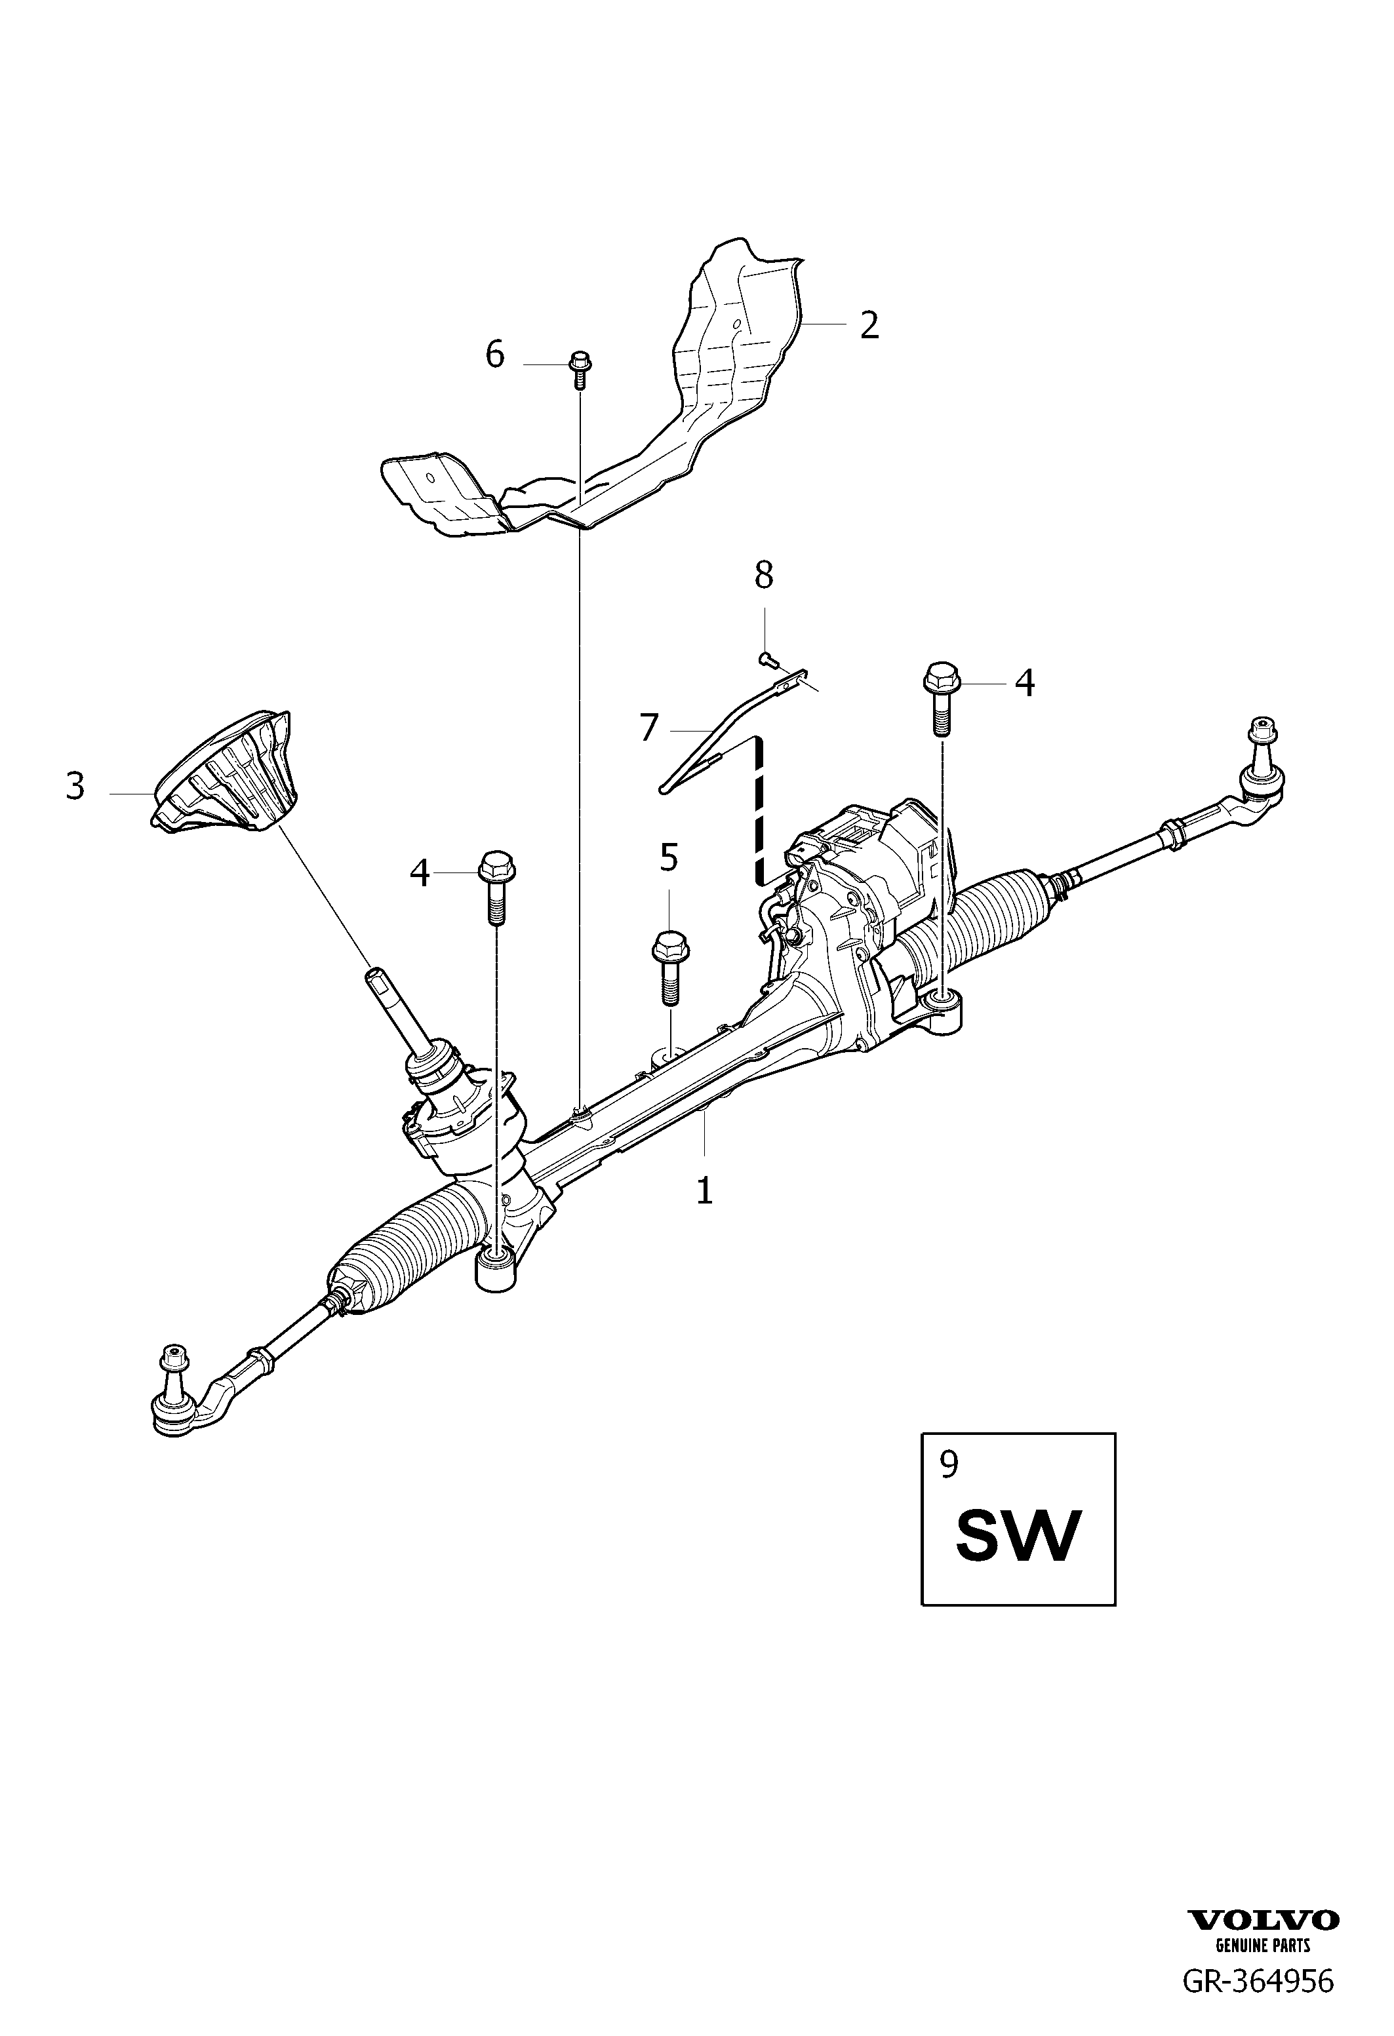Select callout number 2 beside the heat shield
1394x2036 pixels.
tap(868, 325)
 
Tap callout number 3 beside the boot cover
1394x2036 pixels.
tap(75, 786)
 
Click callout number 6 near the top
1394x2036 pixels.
tap(495, 355)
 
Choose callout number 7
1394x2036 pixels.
tap(648, 728)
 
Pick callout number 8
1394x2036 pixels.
tap(764, 576)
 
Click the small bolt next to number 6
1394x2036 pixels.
tap(579, 370)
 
